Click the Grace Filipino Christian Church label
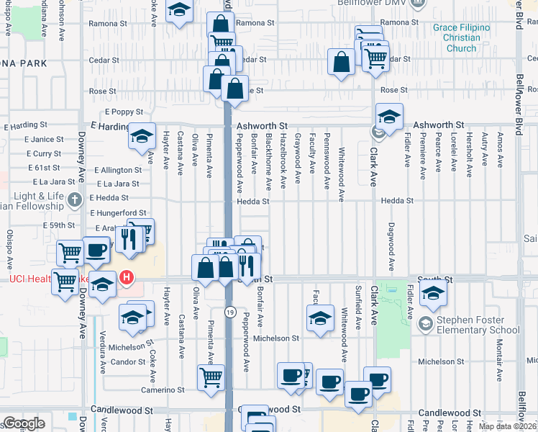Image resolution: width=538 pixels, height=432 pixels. tap(461, 38)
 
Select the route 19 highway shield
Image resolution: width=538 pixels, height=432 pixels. tap(229, 312)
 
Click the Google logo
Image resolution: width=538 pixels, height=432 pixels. tap(24, 423)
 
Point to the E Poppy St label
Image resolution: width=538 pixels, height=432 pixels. tap(124, 112)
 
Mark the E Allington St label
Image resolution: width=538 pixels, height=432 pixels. tap(118, 170)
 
